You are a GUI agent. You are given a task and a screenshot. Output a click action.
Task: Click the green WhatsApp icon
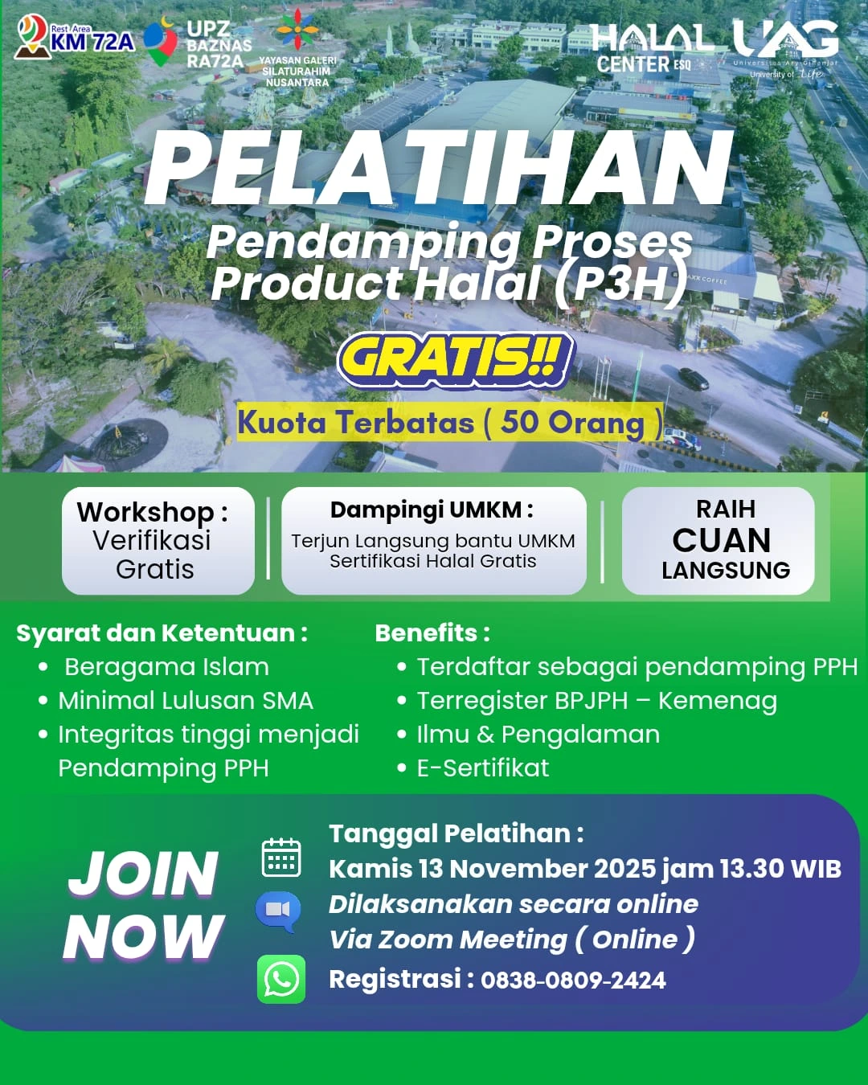click(281, 979)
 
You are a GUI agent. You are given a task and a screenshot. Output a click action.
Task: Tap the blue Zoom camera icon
click(278, 911)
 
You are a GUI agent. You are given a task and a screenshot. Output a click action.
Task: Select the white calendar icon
click(281, 858)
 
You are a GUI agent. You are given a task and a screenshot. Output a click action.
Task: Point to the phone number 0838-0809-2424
click(573, 981)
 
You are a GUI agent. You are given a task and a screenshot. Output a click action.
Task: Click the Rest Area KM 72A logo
click(74, 38)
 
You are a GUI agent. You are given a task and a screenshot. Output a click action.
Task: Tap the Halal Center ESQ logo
click(651, 48)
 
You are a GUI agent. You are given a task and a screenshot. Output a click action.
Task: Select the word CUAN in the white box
click(721, 540)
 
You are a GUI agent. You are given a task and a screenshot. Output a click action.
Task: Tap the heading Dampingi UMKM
click(432, 510)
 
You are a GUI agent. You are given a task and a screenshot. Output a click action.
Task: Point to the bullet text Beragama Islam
click(166, 667)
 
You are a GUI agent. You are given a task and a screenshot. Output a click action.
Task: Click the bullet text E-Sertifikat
click(482, 768)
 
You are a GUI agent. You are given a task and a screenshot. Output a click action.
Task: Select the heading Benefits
click(432, 633)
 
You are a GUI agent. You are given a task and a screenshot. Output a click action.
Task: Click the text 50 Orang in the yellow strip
click(572, 423)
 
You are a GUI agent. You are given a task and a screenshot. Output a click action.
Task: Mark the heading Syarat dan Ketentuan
click(162, 633)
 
